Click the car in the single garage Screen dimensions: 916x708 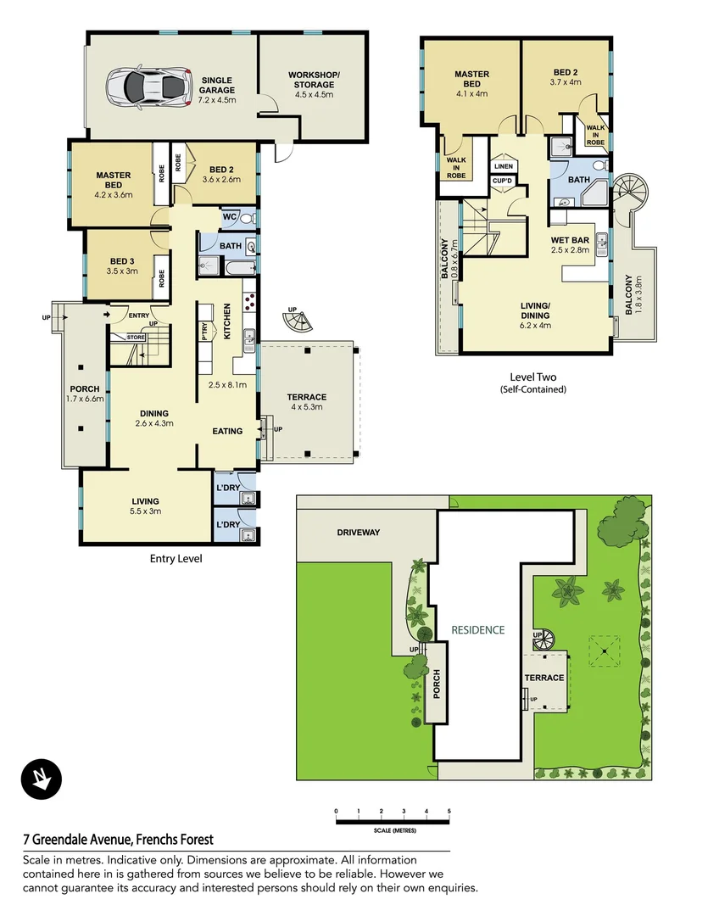click(146, 85)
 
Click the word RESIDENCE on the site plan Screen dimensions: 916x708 click(477, 630)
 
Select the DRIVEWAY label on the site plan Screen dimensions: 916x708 click(359, 533)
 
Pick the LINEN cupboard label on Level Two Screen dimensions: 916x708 click(503, 167)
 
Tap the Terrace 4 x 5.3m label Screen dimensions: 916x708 click(307, 402)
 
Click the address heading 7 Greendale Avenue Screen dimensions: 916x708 click(118, 840)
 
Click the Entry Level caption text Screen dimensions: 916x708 click(176, 559)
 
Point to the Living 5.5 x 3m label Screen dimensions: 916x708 click(146, 506)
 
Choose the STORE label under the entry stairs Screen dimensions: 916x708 click(135, 337)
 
